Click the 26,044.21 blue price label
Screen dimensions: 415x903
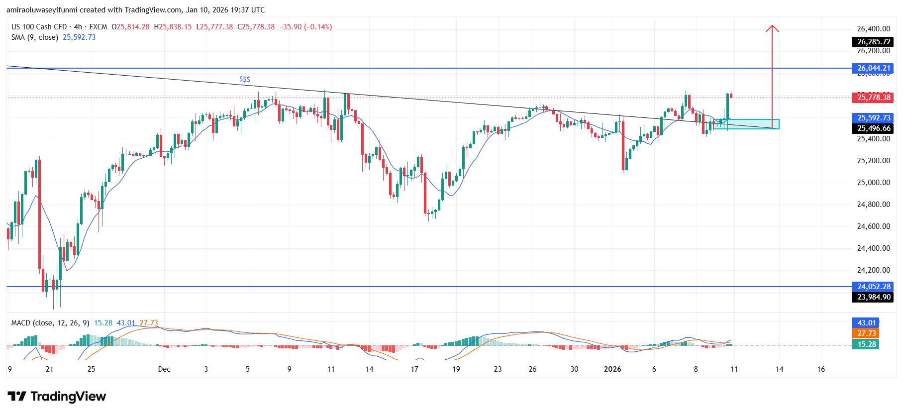coord(873,68)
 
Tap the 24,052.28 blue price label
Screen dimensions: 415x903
coord(873,287)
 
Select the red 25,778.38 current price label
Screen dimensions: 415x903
coord(873,98)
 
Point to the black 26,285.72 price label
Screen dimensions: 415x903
coord(873,42)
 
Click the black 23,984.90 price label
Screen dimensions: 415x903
coord(873,297)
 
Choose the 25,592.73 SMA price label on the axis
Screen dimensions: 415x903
coord(873,118)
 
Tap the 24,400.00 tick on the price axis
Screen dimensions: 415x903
coord(873,248)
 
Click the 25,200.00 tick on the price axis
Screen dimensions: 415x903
coord(873,161)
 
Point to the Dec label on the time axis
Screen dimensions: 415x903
coord(164,369)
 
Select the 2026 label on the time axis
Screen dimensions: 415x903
coord(612,369)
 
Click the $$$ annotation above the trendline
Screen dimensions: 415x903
coord(245,79)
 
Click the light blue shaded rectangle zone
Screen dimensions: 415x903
coord(746,124)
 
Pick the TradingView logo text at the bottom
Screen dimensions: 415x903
coord(57,397)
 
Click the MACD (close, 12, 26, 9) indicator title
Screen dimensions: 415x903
coord(50,323)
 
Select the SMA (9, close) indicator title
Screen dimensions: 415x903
coord(35,37)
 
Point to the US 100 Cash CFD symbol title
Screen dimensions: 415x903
coord(39,27)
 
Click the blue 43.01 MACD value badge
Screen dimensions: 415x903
coord(866,323)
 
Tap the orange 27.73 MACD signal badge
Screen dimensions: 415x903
coord(866,333)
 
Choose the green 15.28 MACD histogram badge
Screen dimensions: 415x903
coord(866,344)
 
